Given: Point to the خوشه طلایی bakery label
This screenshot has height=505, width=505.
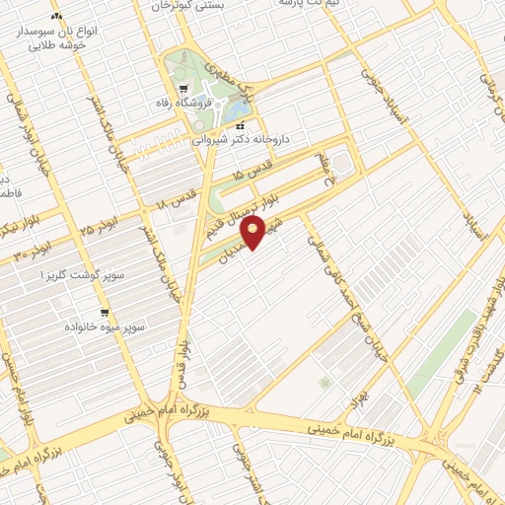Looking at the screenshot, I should click(54, 44).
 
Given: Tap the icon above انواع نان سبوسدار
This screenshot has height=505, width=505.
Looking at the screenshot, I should click(56, 17).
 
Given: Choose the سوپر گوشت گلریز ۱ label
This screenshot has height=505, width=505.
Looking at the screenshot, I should click(71, 278).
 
